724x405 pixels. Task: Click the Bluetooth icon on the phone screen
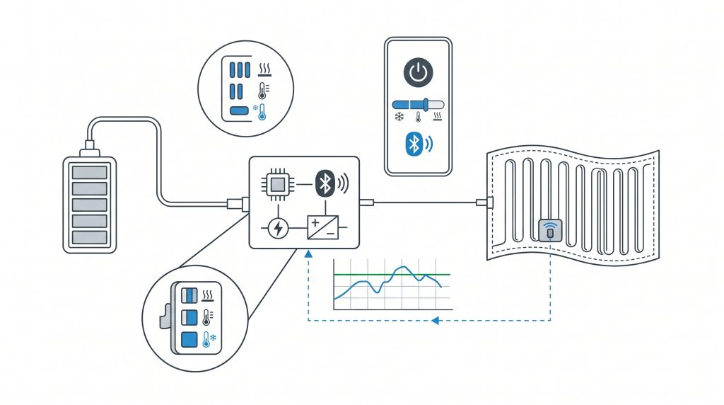tap(414, 144)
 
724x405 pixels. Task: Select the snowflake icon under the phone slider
tap(399, 116)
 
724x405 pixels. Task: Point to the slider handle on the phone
tap(426, 104)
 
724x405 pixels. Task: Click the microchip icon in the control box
tap(278, 184)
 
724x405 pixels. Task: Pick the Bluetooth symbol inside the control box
tap(325, 183)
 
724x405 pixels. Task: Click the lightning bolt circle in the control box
tap(278, 228)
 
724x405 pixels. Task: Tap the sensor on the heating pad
tap(549, 230)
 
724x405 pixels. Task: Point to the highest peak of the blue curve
tap(402, 268)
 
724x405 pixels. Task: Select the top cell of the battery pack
tap(89, 173)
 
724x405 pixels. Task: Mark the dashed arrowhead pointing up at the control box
tap(308, 253)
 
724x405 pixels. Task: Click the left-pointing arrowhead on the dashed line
tap(436, 321)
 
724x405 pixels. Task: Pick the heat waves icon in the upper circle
tap(265, 69)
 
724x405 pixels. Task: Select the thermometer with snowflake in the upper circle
tap(262, 111)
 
